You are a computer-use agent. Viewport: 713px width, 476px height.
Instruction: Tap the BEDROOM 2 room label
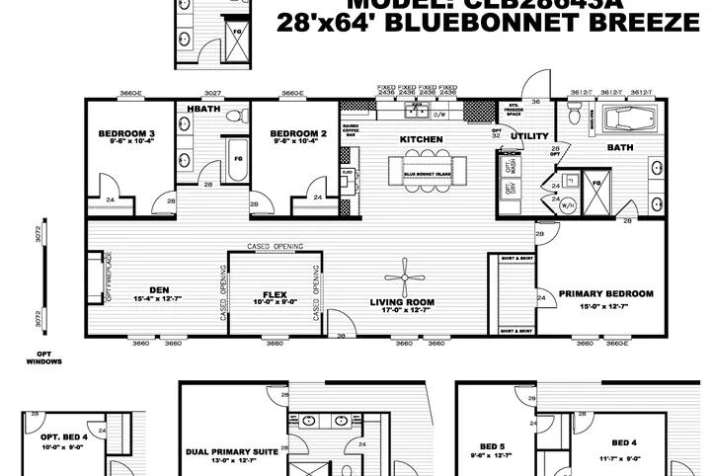click(297, 133)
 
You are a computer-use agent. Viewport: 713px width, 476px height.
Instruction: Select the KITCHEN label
click(421, 139)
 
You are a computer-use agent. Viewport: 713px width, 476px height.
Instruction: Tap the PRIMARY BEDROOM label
click(605, 293)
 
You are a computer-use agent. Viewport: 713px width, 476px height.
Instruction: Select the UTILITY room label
click(522, 135)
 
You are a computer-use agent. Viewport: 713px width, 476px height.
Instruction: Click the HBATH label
click(203, 107)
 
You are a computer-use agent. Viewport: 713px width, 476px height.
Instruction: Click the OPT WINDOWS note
click(43, 357)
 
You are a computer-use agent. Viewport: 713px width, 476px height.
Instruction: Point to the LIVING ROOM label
click(403, 302)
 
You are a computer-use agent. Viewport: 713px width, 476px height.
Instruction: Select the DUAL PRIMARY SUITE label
click(232, 452)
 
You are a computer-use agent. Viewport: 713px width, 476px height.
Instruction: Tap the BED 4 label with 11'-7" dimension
click(625, 442)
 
